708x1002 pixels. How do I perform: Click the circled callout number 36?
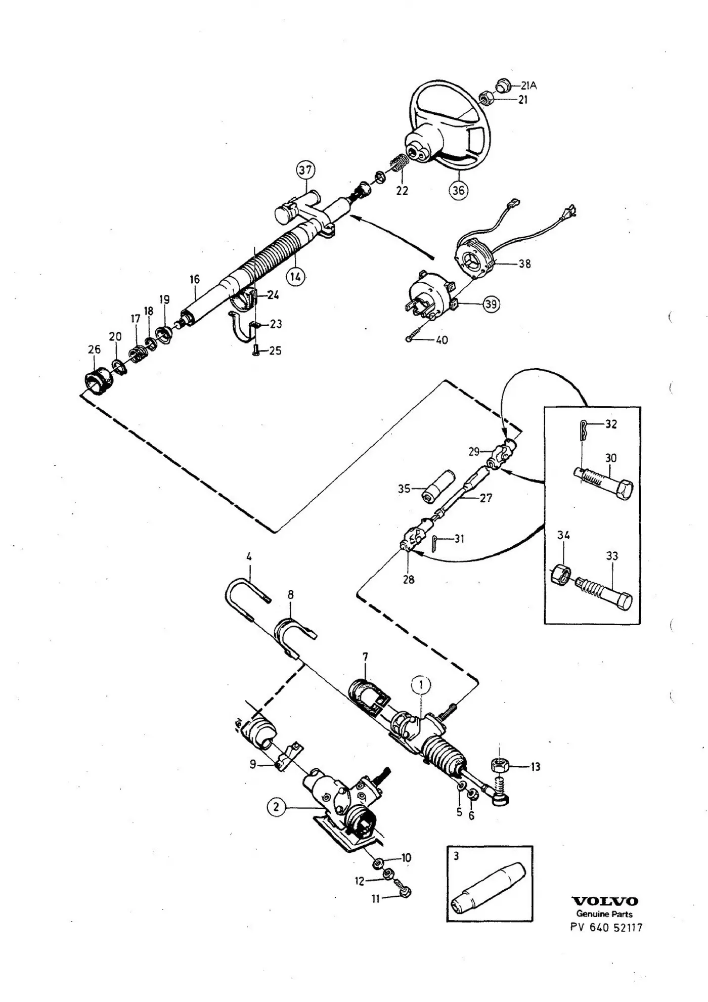[x=458, y=190]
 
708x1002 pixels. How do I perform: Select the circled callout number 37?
[x=305, y=170]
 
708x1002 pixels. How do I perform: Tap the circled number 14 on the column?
[x=296, y=276]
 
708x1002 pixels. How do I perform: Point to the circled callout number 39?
[x=491, y=304]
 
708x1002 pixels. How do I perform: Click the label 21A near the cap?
[x=528, y=85]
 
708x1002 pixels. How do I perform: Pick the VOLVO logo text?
[x=604, y=901]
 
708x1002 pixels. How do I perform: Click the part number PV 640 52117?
[x=606, y=928]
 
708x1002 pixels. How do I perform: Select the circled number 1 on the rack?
[x=421, y=685]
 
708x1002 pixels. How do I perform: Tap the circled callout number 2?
[x=276, y=807]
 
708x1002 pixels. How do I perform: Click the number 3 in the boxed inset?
[x=456, y=856]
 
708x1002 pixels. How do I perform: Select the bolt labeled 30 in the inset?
[x=604, y=482]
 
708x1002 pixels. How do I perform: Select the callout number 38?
[x=524, y=264]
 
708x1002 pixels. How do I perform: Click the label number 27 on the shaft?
[x=485, y=498]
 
